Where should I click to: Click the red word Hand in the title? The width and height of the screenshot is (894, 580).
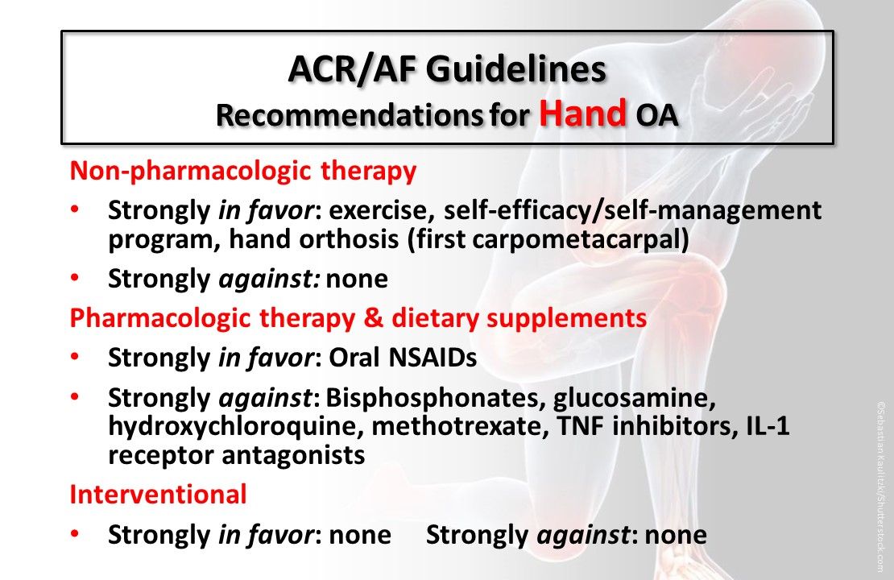point(583,114)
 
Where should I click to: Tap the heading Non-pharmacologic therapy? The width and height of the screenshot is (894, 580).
point(243,171)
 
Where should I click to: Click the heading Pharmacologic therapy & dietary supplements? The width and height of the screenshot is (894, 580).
point(358,318)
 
